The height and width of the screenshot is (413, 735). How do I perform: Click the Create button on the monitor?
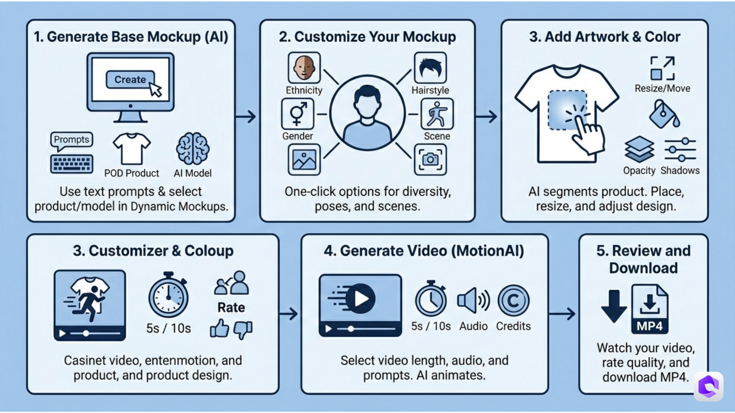(x=130, y=80)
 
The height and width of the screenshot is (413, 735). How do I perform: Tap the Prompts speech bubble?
(x=71, y=140)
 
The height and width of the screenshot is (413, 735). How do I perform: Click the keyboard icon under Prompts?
(x=71, y=164)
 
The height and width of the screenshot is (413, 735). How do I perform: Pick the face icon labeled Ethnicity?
(x=304, y=68)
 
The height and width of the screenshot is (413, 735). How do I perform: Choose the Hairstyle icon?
(x=430, y=68)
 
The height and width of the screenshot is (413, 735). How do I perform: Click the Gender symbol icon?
(x=298, y=114)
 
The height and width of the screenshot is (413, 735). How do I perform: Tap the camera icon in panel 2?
(x=430, y=160)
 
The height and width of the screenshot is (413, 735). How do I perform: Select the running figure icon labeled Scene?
(x=437, y=114)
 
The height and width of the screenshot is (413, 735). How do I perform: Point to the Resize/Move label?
(x=662, y=89)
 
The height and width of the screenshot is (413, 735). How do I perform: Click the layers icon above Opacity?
(x=639, y=149)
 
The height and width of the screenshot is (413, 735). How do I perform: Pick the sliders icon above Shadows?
(x=680, y=149)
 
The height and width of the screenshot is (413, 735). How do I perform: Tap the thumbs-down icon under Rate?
(x=243, y=329)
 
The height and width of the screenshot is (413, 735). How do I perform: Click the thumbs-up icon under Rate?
(x=219, y=328)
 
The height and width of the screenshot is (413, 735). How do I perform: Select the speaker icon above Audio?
(x=473, y=300)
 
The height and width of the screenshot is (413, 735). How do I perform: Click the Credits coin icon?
(x=513, y=300)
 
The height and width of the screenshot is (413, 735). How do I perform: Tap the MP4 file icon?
(x=650, y=309)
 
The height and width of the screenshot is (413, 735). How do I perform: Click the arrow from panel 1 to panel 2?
(x=246, y=117)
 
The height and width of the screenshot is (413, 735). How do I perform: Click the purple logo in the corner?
(x=708, y=386)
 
